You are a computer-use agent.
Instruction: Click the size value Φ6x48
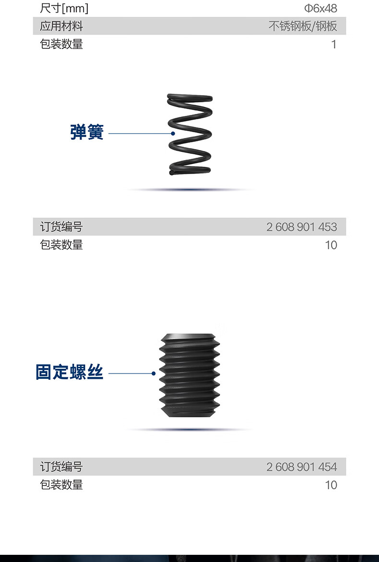coord(321,8)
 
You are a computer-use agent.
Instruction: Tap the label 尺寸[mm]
coord(64,8)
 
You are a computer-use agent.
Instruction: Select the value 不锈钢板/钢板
coord(303,26)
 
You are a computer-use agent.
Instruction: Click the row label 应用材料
coord(61,26)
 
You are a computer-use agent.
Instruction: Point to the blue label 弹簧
coord(87,132)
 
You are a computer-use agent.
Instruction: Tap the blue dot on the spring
coord(172,133)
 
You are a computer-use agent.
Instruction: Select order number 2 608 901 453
coord(302,227)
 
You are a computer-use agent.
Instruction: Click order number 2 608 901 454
coord(302,467)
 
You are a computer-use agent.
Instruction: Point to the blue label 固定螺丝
coord(70,373)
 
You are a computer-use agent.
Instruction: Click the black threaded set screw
coord(189,377)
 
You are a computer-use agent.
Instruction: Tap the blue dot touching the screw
coord(154,373)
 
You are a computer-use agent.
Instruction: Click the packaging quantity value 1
coord(334,45)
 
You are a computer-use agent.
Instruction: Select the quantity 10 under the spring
coord(331,245)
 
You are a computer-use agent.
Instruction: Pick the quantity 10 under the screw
coord(331,485)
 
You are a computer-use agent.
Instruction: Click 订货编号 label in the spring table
coord(61,227)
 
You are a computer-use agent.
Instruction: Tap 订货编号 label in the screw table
coord(61,467)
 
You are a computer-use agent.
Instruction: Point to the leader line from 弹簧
coord(139,133)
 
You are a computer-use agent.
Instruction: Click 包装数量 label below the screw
coord(61,485)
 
